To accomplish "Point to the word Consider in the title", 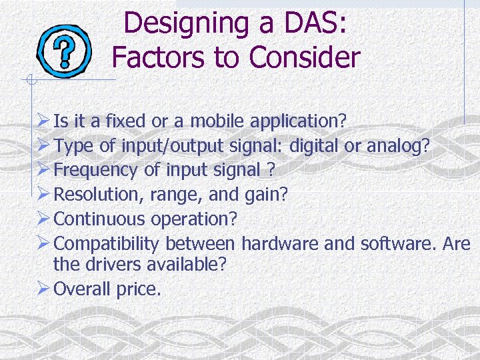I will click(304, 57).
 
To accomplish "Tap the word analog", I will click(397, 146).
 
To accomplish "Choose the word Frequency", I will click(96, 170).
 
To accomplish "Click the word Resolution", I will click(93, 195).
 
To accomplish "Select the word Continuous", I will click(100, 219).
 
